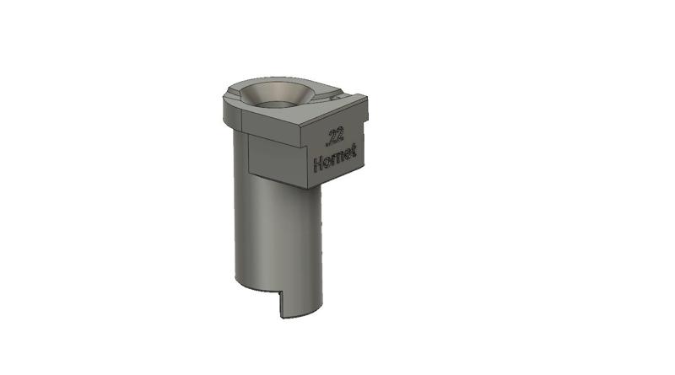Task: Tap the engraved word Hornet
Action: (x=335, y=158)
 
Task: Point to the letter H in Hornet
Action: (x=317, y=164)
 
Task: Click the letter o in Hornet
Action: (x=325, y=162)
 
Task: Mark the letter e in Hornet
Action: (x=345, y=154)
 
